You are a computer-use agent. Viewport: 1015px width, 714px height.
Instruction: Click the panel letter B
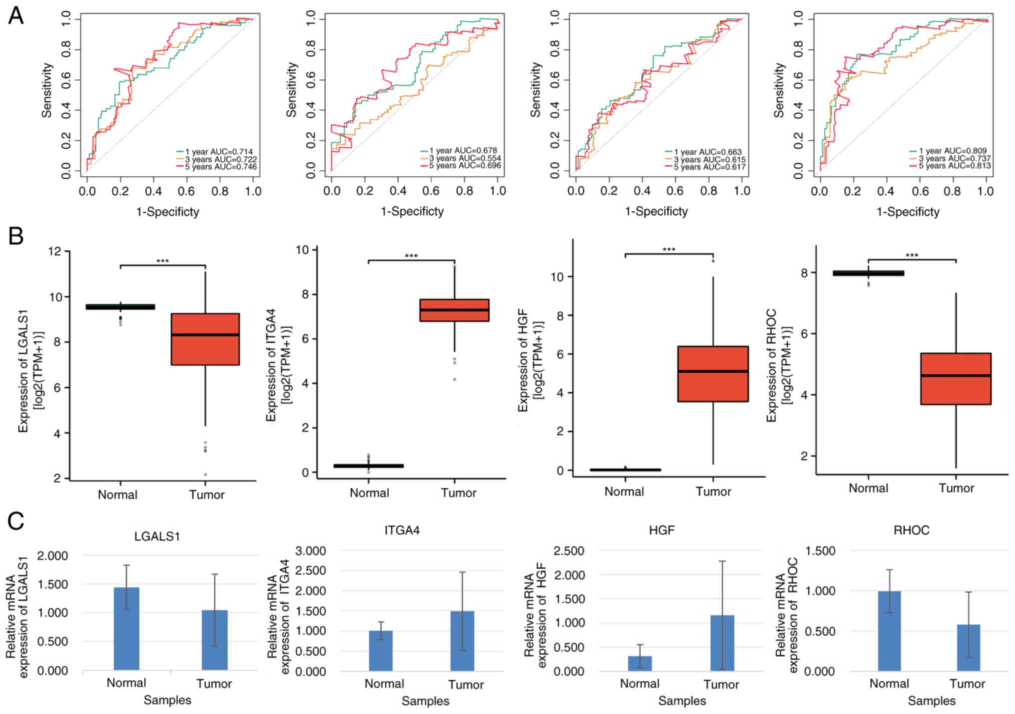coord(15,235)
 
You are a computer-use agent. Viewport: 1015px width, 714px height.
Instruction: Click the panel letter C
coord(15,522)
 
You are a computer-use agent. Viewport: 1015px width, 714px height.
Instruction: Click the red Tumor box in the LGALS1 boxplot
coord(205,339)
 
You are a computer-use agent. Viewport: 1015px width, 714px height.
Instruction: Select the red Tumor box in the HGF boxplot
coord(713,374)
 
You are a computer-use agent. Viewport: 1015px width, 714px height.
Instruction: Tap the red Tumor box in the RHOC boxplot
coord(956,379)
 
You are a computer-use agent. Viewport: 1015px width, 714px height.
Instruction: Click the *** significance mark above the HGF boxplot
coord(668,249)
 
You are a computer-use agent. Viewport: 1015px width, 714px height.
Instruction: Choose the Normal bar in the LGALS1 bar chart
coord(126,629)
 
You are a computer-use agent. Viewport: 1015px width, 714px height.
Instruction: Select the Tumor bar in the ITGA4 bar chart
coord(462,641)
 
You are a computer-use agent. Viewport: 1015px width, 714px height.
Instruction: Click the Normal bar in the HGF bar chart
coord(640,663)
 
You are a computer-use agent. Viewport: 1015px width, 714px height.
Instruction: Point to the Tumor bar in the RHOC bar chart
coord(968,648)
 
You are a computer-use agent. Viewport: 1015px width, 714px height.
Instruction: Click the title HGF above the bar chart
coord(661,530)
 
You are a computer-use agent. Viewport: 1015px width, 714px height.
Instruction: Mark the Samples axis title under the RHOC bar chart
coord(932,701)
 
